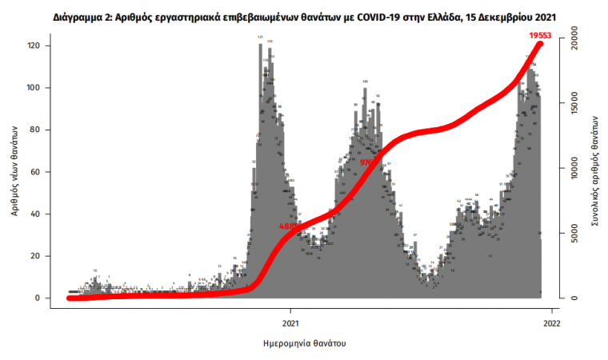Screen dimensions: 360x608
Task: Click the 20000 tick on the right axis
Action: click(x=574, y=37)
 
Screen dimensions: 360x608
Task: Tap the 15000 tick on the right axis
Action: click(x=574, y=102)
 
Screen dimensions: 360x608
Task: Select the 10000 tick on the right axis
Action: click(x=574, y=168)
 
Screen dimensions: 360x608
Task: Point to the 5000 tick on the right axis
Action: click(x=574, y=234)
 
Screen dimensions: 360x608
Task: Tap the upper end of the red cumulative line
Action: click(x=539, y=44)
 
